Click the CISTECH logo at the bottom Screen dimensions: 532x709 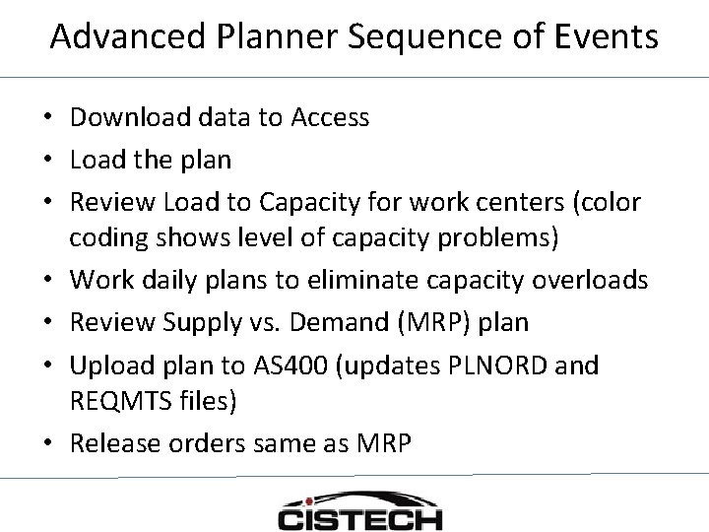click(x=360, y=513)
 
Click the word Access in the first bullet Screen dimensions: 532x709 click(x=330, y=118)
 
